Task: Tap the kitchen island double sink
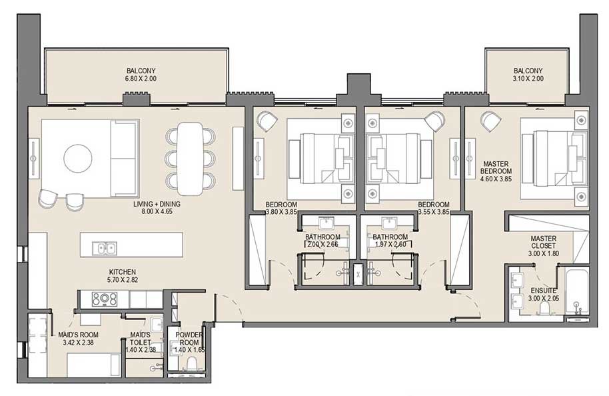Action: [x=106, y=249]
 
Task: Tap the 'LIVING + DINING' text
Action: [x=156, y=205]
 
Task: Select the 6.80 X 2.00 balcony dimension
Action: [x=141, y=79]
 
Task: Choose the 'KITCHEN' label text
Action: [x=123, y=272]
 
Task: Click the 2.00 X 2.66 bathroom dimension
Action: [x=322, y=245]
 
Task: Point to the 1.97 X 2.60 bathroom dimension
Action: [x=390, y=245]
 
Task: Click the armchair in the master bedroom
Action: [x=492, y=122]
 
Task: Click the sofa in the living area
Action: [x=123, y=158]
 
